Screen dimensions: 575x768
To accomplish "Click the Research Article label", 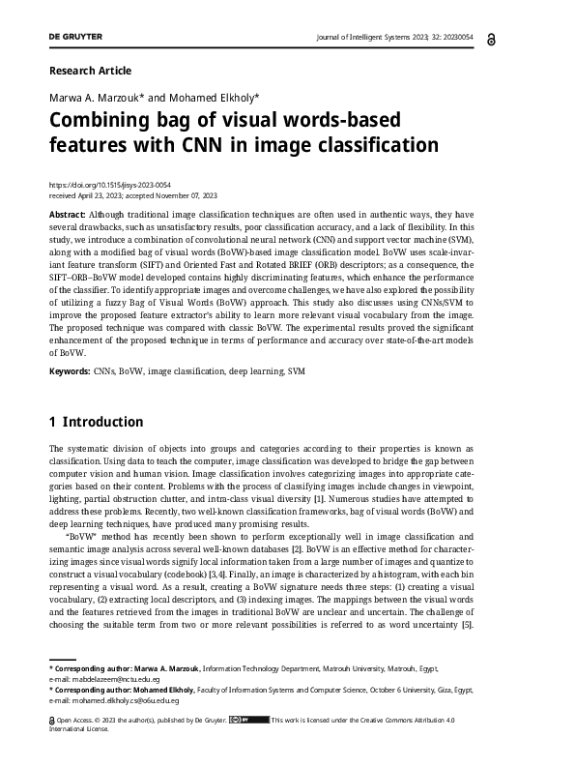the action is [x=89, y=71].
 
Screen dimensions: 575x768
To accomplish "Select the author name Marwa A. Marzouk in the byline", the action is [x=95, y=99].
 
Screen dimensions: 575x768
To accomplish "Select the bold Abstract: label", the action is [x=68, y=212].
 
